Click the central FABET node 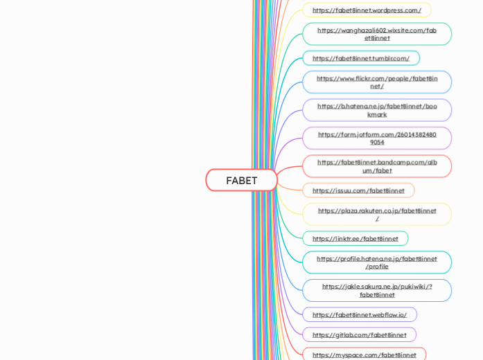[241, 180]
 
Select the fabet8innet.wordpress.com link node [367, 10]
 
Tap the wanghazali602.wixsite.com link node [377, 34]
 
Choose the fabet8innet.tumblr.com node [360, 58]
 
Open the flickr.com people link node [377, 82]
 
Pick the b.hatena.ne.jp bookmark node [377, 110]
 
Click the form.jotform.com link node [377, 138]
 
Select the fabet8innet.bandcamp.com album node [377, 166]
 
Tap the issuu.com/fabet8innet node [358, 190]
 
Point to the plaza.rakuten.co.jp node [377, 215]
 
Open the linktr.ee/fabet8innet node [355, 239]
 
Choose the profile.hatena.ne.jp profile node [377, 262]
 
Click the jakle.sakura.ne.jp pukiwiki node [377, 291]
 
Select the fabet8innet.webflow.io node [359, 315]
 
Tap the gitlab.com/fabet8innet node [359, 335]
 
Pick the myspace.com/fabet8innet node [364, 355]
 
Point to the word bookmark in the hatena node [377, 114]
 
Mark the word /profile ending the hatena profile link [377, 267]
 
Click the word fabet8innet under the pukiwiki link [377, 295]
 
